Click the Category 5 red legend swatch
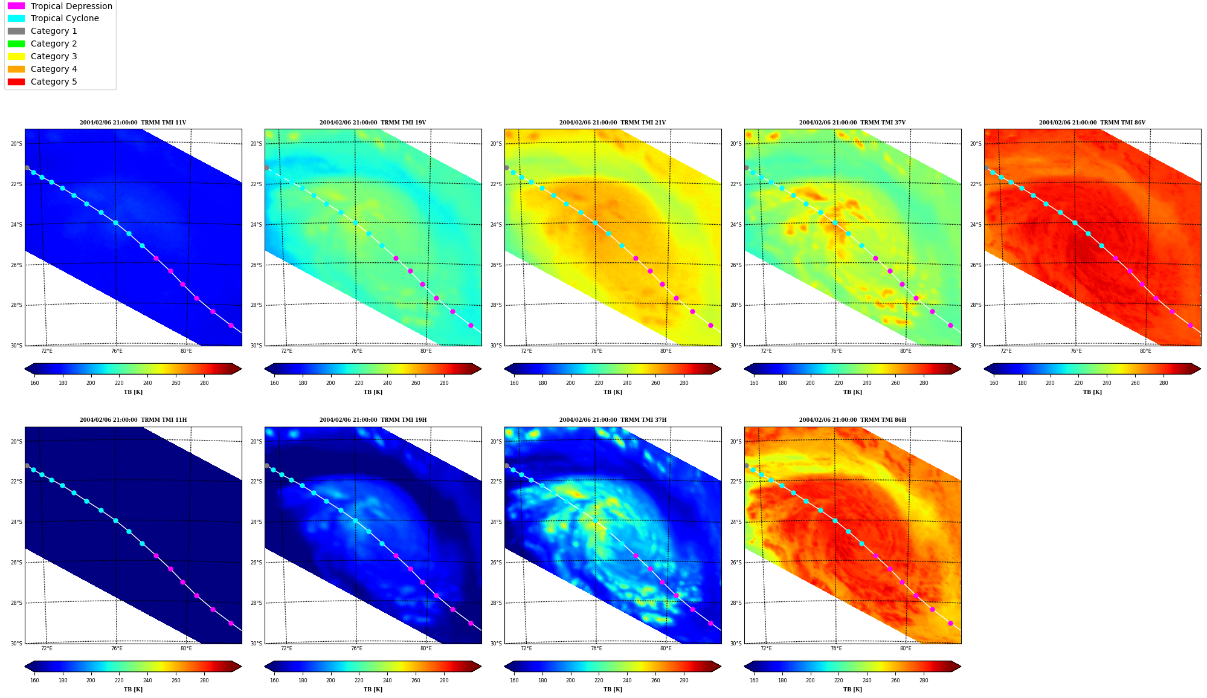click(16, 82)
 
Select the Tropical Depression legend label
click(71, 6)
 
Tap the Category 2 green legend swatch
click(16, 44)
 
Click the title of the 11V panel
click(133, 123)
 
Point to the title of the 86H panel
click(852, 420)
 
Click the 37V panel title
click(852, 123)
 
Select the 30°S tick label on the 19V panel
click(256, 346)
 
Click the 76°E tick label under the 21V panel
click(596, 351)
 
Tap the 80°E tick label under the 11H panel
click(186, 648)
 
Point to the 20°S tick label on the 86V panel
click(976, 144)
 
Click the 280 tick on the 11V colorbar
click(204, 383)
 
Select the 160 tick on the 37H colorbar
click(514, 680)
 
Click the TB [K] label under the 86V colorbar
click(1092, 392)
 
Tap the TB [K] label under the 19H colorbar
click(373, 690)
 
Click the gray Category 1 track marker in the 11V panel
click(27, 167)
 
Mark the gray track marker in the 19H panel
click(266, 465)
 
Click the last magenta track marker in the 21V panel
click(710, 325)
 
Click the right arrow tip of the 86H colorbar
click(961, 667)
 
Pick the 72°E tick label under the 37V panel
click(766, 351)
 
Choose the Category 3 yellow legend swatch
click(16, 56)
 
